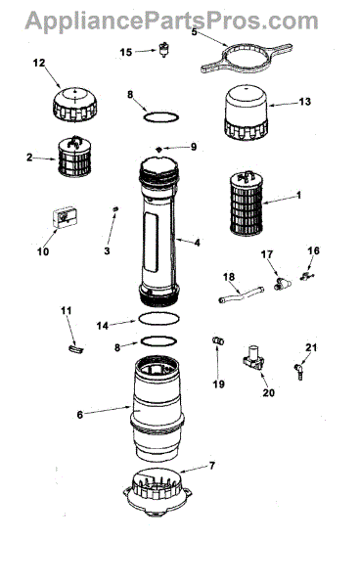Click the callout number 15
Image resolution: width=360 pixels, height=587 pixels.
pos(126,52)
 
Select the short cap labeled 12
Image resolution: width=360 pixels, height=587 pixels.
pos(75,105)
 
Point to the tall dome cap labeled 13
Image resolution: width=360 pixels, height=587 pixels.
pos(247,113)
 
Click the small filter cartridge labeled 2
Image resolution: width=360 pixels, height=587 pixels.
pos(74,157)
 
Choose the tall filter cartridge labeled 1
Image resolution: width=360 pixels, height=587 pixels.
pos(246,203)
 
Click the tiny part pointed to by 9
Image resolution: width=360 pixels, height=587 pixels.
pos(159,149)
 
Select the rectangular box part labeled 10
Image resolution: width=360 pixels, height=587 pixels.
pos(65,217)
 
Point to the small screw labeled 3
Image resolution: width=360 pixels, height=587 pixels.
pos(115,208)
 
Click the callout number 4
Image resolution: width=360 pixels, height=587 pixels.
pos(197,243)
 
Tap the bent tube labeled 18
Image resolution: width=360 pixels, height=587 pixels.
pos(241,293)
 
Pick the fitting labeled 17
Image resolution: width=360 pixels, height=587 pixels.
pos(282,284)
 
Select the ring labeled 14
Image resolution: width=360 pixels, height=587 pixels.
pos(158,314)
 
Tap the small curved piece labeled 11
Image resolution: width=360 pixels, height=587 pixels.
pos(76,348)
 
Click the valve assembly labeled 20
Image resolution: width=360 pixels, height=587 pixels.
pos(253,358)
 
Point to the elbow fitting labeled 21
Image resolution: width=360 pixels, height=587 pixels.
pos(299,372)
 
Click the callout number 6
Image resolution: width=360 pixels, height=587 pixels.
pos(79,415)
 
